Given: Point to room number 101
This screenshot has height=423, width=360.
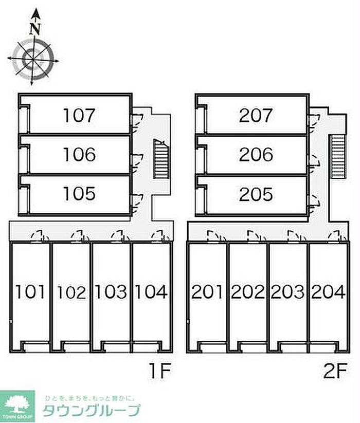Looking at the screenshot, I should click(30, 292).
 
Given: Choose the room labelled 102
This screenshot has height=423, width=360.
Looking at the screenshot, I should click(71, 292).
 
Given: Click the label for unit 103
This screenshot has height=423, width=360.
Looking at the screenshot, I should click(112, 292).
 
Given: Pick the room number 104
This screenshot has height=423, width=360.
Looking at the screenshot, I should click(151, 292).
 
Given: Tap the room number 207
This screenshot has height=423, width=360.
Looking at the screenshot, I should click(256, 115).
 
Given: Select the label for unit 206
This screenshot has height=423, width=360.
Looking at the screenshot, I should click(256, 154).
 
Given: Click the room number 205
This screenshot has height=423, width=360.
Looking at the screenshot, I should click(256, 194).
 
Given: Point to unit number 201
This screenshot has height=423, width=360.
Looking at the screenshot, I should click(207, 292).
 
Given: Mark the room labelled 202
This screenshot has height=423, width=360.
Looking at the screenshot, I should click(247, 292).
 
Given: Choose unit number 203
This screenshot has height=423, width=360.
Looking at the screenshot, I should click(287, 292).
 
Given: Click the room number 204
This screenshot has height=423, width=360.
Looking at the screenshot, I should click(328, 292).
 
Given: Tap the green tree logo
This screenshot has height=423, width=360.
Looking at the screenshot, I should click(17, 403).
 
